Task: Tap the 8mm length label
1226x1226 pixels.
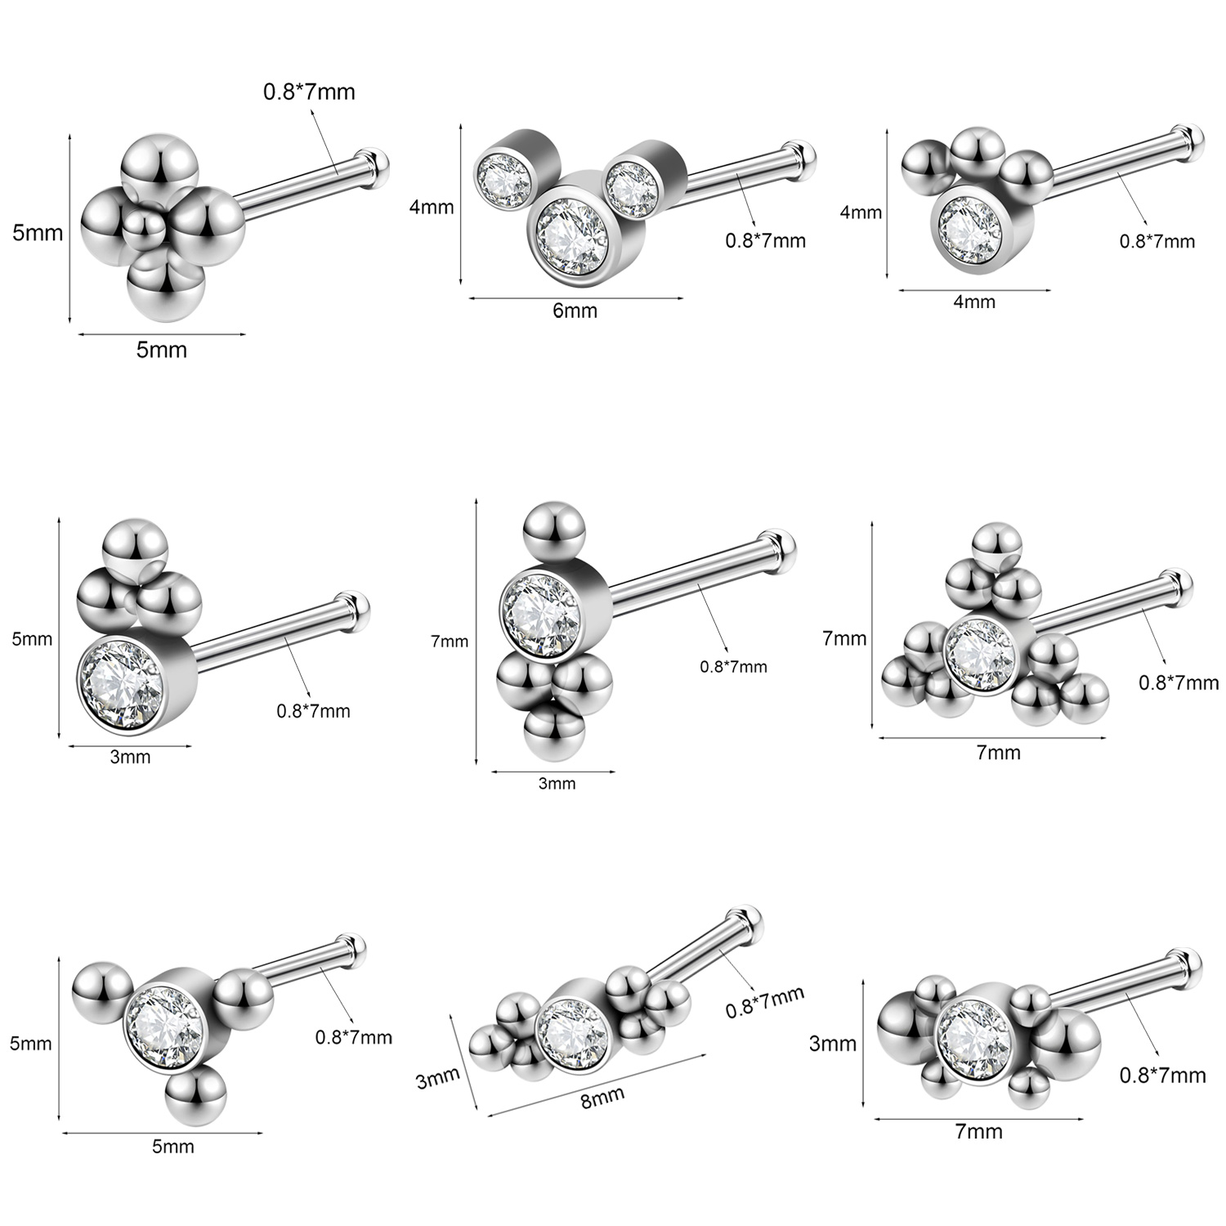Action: click(x=602, y=1097)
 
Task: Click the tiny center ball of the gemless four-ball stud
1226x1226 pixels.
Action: click(x=145, y=225)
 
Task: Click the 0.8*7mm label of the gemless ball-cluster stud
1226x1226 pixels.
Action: click(x=309, y=91)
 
